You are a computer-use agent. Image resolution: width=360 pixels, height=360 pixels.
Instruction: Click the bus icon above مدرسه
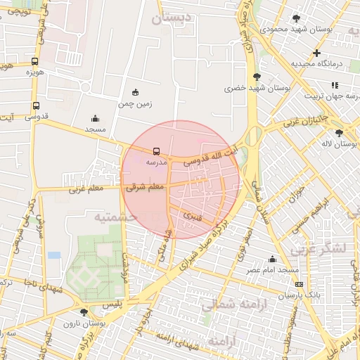156,150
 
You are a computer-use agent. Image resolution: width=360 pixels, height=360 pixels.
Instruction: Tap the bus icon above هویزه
35,61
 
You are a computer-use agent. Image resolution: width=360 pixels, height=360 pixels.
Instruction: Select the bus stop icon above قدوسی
36,106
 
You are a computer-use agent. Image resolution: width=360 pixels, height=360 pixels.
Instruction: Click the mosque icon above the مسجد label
95,119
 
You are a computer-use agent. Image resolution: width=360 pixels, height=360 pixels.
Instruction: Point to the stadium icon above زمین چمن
135,92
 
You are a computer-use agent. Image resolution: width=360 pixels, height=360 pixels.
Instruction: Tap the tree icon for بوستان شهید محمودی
296,18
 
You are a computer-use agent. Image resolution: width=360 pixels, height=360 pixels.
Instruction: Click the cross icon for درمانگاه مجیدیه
316,53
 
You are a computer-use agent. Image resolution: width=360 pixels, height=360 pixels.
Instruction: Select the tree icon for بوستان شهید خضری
255,77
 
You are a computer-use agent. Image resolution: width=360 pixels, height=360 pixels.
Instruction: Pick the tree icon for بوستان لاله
339,132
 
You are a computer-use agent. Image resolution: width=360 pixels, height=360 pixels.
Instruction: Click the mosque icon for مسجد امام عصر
272,259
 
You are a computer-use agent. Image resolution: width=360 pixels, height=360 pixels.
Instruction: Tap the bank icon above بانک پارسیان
299,284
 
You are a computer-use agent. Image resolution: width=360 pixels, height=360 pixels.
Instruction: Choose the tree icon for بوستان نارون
84,311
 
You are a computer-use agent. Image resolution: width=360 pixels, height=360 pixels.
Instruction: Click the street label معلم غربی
86,188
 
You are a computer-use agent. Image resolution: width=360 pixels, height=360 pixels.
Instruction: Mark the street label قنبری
192,212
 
